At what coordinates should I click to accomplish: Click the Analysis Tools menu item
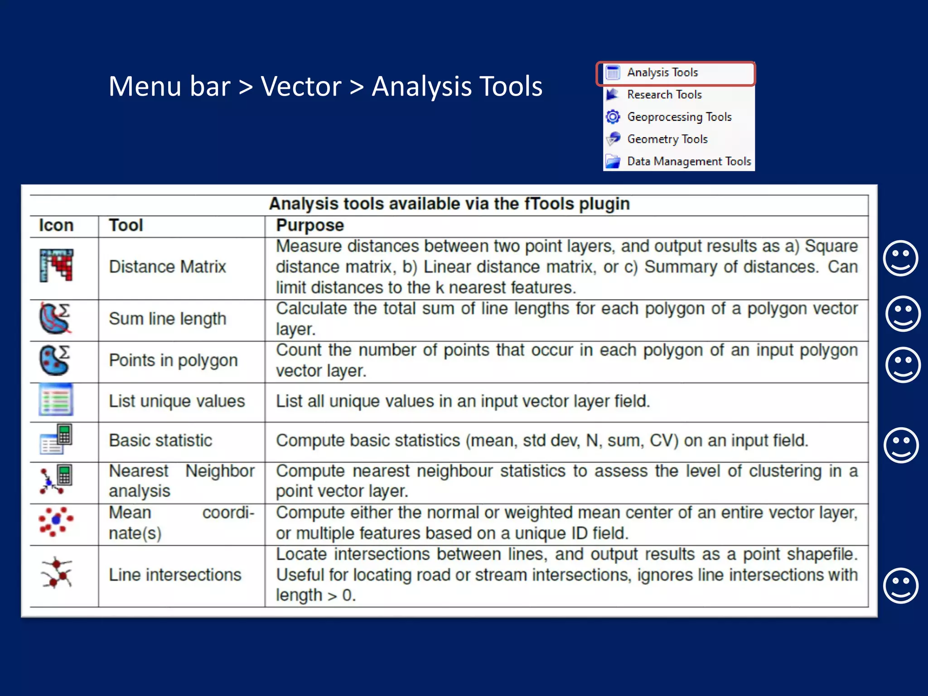point(662,72)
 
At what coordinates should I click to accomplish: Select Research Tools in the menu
point(664,95)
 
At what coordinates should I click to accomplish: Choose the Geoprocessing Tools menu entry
point(679,117)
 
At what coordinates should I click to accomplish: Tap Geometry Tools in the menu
point(667,139)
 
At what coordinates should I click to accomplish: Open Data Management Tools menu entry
point(689,161)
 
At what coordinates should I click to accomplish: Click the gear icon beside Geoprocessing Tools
point(613,117)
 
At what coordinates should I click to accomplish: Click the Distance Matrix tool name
point(167,267)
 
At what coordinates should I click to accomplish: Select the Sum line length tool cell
point(167,319)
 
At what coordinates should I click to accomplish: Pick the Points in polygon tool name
point(173,361)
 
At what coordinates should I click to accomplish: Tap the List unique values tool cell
point(177,401)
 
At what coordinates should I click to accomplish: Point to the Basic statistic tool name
point(160,441)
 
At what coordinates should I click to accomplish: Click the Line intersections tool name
point(175,575)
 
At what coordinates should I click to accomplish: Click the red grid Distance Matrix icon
point(57,265)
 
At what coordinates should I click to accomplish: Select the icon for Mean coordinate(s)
point(56,522)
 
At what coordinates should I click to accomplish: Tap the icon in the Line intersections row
point(57,573)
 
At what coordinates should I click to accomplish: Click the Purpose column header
point(310,226)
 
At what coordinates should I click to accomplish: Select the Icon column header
point(56,226)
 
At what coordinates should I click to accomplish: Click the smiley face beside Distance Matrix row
point(900,258)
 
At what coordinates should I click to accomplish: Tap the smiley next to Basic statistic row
point(901,445)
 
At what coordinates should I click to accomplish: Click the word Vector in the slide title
point(301,86)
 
